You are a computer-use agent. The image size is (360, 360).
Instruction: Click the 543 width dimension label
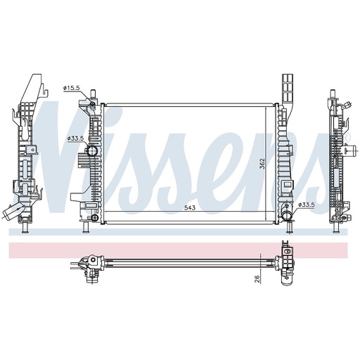click(x=190, y=208)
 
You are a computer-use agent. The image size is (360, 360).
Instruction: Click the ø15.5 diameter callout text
click(x=72, y=87)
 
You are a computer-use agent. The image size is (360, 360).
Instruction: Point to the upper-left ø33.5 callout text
click(x=76, y=139)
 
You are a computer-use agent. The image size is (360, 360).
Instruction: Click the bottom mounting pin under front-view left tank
click(x=87, y=227)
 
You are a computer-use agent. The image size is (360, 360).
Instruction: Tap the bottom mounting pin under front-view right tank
click(x=290, y=227)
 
